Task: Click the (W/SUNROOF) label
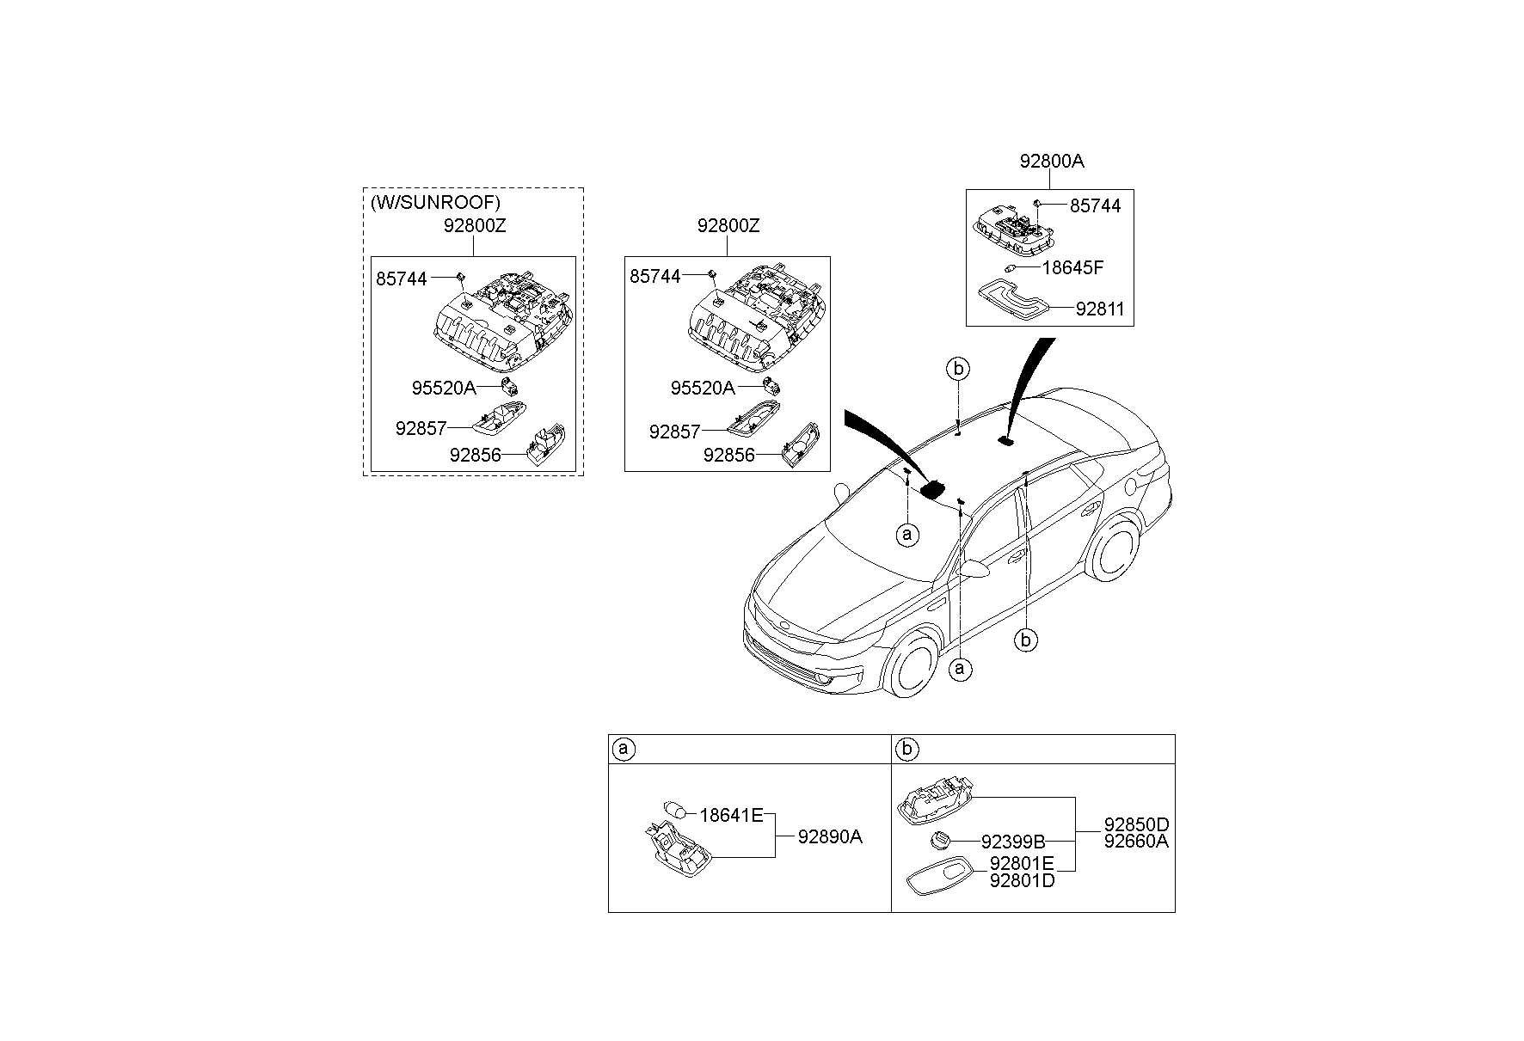(435, 204)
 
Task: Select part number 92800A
(1052, 162)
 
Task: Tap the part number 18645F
(1072, 267)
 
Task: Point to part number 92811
(1099, 309)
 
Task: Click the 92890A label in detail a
(829, 836)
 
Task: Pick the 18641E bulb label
(731, 815)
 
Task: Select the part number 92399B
(1012, 842)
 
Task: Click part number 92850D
(1136, 825)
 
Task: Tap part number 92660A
(1136, 842)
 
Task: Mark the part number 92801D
(1021, 880)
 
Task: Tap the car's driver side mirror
(975, 569)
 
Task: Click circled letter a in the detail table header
(624, 750)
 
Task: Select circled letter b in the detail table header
(906, 750)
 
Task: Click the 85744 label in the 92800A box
(1095, 206)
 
